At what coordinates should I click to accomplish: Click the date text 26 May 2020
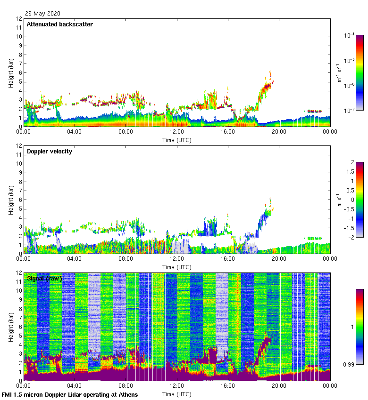42,14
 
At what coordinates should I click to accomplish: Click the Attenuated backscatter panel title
59,24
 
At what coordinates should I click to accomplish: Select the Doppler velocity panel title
50,152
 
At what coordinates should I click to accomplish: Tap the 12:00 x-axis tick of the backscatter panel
177,132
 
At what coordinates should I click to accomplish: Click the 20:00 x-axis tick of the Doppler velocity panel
279,259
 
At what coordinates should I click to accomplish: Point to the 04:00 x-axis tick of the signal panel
75,386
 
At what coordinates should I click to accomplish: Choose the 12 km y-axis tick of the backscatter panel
19,19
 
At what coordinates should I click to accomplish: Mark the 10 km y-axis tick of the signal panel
19,291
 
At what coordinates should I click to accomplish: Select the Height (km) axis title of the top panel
11,72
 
